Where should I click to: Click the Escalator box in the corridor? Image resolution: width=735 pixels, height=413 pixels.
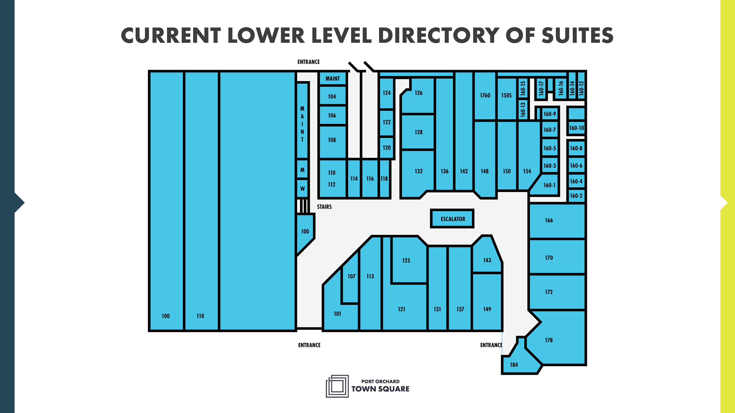[452, 219]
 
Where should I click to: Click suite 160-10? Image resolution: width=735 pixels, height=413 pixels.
[576, 128]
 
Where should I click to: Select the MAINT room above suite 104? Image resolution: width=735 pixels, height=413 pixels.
[332, 78]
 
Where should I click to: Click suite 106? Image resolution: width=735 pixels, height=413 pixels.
[332, 115]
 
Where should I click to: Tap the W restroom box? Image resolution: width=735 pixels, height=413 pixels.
[302, 188]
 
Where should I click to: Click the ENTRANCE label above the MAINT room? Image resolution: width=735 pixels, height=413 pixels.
[308, 62]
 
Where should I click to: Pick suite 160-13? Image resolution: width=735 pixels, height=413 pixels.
[523, 109]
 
